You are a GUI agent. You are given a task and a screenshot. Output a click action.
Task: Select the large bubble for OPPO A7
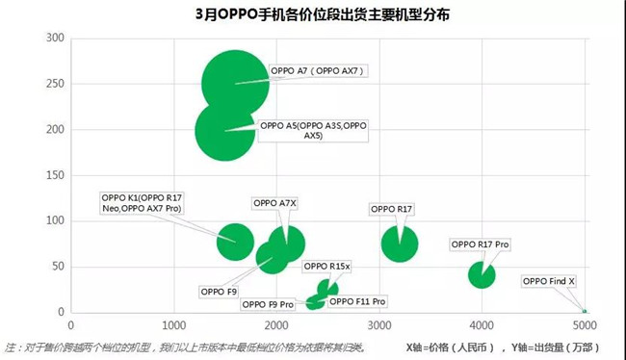pyautogui.click(x=234, y=85)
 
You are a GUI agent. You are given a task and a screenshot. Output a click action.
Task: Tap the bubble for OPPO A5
pyautogui.click(x=225, y=131)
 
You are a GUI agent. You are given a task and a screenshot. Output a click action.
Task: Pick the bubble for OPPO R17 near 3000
pyautogui.click(x=400, y=243)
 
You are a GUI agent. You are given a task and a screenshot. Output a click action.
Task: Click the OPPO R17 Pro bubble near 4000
pyautogui.click(x=482, y=274)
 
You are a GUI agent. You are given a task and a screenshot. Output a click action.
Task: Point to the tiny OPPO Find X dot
pyautogui.click(x=584, y=311)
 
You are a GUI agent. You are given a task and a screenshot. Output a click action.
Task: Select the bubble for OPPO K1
pyautogui.click(x=234, y=241)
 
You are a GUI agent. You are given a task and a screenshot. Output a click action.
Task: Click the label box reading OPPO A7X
pyautogui.click(x=274, y=203)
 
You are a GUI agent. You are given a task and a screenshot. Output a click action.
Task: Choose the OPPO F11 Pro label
pyautogui.click(x=357, y=301)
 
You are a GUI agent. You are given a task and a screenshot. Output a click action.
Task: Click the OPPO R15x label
pyautogui.click(x=327, y=266)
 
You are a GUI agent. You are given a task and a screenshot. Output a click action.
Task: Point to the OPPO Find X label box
pyautogui.click(x=548, y=282)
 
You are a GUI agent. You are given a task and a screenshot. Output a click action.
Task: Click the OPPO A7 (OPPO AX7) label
pyautogui.click(x=318, y=71)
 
